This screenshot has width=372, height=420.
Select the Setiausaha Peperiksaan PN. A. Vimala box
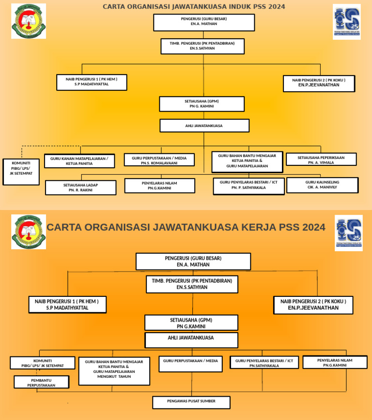[x=321, y=160]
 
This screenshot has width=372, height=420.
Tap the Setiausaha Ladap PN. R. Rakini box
[x=80, y=188]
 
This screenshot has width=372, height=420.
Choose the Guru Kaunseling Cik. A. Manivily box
[x=322, y=185]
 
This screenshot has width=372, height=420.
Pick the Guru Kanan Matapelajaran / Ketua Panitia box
[x=79, y=161]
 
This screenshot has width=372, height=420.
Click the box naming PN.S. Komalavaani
[x=159, y=160]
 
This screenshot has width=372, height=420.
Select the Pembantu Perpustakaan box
[x=41, y=382]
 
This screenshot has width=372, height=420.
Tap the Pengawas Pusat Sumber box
[x=191, y=402]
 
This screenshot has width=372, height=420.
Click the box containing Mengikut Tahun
[x=114, y=371]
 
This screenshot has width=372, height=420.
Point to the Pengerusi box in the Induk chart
[x=204, y=22]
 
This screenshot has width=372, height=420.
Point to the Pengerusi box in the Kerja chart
[x=193, y=261]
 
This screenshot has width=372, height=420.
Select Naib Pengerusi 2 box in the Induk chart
[x=319, y=83]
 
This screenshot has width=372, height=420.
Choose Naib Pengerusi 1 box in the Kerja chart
[x=67, y=305]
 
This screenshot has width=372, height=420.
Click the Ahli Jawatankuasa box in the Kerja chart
[x=191, y=339]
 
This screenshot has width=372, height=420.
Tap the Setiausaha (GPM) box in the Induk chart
[x=201, y=104]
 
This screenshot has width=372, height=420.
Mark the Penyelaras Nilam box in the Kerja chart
[x=335, y=362]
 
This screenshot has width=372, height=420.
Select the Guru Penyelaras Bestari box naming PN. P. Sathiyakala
[x=248, y=186]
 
